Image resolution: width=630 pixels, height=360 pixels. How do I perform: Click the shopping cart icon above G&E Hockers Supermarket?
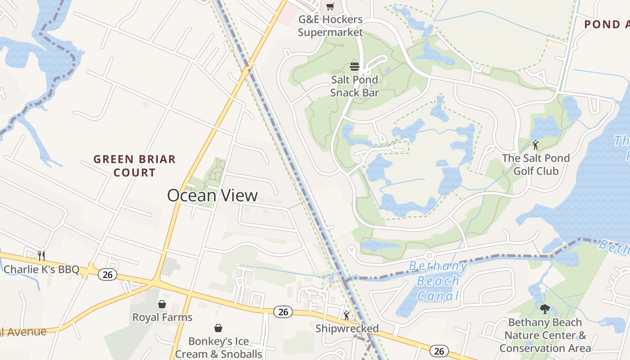tap(330, 6)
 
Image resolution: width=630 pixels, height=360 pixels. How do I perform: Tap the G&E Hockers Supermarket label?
tap(330, 26)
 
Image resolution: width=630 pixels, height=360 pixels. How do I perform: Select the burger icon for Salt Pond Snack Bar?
tap(355, 67)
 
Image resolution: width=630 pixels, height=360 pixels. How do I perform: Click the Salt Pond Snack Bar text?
tap(355, 86)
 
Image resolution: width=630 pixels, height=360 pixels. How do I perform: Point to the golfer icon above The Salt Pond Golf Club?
tap(535, 145)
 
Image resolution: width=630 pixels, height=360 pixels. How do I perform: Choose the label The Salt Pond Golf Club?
tap(536, 165)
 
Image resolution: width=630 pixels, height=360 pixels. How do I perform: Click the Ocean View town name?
tap(212, 195)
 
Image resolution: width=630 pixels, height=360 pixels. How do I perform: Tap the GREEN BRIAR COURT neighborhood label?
tap(135, 166)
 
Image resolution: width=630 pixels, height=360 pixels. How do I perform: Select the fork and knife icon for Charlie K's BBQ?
tap(41, 256)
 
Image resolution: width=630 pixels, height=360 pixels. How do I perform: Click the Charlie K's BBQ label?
tap(41, 270)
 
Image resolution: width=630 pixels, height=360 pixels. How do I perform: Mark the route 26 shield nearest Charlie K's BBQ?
tap(108, 274)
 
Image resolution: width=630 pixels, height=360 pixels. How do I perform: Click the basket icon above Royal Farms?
tap(162, 304)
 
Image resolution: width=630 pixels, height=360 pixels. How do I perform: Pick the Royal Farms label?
tap(162, 317)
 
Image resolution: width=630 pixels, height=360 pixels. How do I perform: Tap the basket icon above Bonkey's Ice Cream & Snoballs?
tap(218, 328)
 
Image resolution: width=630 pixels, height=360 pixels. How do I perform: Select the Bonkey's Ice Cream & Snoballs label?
tap(218, 347)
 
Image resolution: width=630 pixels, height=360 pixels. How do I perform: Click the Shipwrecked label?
tap(347, 328)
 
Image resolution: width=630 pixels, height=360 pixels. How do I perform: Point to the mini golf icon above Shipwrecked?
tap(346, 315)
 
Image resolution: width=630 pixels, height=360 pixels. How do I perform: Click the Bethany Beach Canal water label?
tap(438, 281)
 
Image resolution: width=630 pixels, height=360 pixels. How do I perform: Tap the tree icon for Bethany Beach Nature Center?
tap(545, 309)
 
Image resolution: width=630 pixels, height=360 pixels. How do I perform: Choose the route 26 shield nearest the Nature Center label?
tap(439, 351)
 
